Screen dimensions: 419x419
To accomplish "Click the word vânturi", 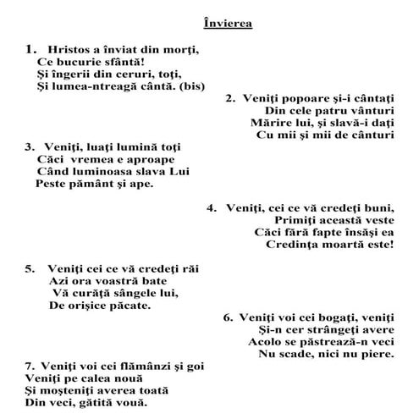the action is click(x=368, y=111).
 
